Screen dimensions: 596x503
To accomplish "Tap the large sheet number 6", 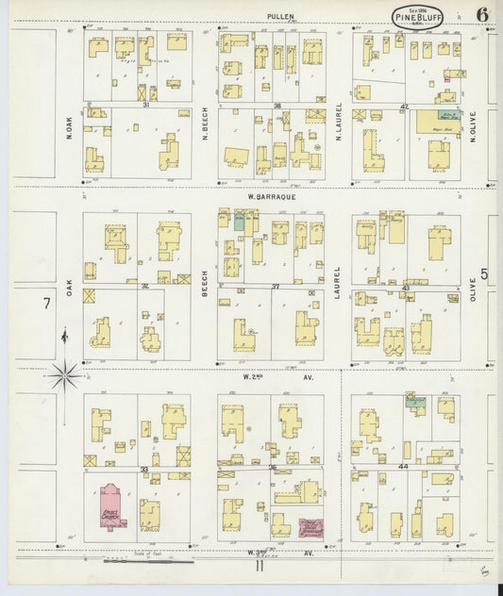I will (x=482, y=14).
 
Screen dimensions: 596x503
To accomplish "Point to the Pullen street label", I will (x=280, y=16).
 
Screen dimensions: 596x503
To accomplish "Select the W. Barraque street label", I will (x=267, y=197).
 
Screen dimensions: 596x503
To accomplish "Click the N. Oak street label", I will (x=70, y=128).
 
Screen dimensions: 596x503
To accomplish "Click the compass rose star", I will (x=65, y=374).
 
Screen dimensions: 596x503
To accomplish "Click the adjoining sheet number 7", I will (x=45, y=304).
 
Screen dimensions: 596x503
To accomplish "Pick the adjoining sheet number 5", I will (x=485, y=274).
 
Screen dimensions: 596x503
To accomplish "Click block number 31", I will (x=145, y=105).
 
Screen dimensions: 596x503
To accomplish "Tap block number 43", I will (x=406, y=287).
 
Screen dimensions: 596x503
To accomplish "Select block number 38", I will (x=277, y=105).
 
